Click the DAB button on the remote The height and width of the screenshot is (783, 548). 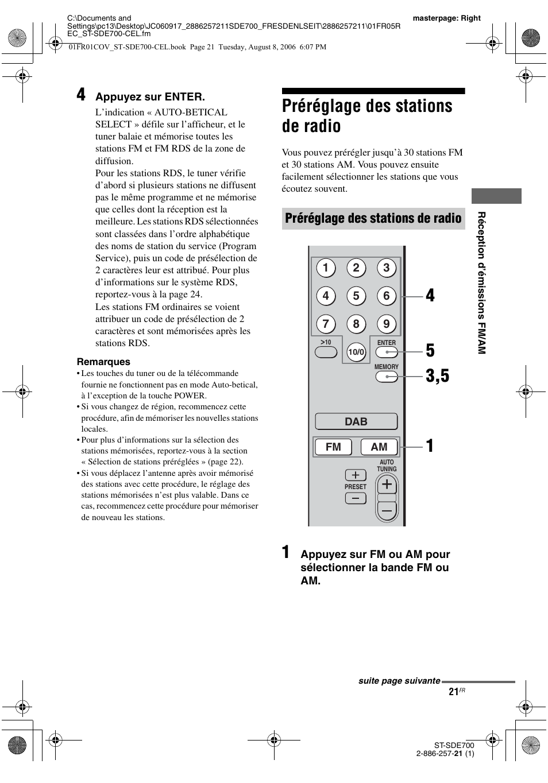tap(356, 421)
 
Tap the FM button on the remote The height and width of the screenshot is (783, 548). tap(333, 447)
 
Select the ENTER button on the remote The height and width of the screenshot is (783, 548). tap(387, 352)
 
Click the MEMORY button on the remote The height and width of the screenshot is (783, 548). tap(387, 377)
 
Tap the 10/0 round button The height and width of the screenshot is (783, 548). tap(356, 352)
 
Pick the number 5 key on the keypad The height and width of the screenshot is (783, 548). tap(356, 296)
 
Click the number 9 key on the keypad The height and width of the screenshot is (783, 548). tap(387, 324)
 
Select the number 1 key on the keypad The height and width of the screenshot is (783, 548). tap(326, 268)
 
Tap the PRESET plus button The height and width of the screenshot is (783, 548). tap(356, 475)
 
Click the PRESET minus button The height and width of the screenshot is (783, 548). tap(356, 498)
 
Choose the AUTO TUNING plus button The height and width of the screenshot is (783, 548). tap(387, 485)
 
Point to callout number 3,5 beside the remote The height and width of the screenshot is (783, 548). tap(438, 377)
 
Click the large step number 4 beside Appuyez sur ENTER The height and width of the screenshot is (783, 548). tap(82, 95)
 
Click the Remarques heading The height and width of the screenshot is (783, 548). tap(104, 362)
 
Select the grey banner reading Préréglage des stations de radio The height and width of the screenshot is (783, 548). tap(373, 218)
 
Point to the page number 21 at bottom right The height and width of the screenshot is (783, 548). tap(454, 692)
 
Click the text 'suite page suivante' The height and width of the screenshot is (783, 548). tap(399, 681)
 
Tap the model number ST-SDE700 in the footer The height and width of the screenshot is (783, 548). tap(454, 745)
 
